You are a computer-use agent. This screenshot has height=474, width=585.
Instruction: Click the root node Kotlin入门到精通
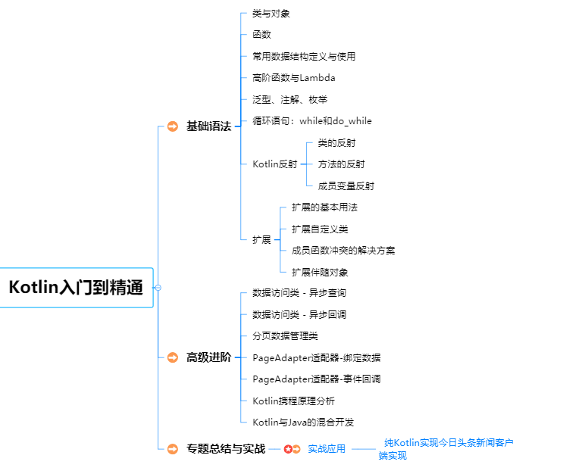(76, 288)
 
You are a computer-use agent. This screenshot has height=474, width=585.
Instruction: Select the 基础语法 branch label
(208, 126)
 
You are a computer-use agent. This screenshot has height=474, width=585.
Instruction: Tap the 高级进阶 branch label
(208, 357)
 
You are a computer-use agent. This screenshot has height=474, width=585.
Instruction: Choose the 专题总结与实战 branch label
(226, 448)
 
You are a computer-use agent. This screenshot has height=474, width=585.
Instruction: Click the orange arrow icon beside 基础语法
(173, 126)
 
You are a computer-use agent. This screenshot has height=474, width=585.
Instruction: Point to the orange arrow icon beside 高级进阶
(173, 357)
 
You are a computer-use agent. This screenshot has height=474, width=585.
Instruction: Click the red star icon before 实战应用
(288, 449)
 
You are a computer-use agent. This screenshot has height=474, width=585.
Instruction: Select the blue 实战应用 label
(327, 449)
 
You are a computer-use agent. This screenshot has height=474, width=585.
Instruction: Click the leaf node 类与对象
(271, 14)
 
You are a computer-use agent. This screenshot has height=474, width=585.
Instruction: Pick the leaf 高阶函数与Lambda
(294, 77)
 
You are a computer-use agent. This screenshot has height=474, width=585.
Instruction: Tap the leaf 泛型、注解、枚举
(290, 99)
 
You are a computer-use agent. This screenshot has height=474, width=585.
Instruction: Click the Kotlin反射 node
(275, 164)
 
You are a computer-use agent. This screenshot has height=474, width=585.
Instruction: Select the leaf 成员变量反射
(346, 186)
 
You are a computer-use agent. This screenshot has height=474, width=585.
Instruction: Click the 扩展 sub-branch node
(261, 239)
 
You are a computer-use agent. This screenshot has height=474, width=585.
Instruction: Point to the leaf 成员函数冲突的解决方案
(343, 250)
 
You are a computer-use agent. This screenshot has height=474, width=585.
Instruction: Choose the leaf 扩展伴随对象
(320, 272)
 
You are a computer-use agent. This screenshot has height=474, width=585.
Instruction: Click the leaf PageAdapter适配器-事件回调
(317, 379)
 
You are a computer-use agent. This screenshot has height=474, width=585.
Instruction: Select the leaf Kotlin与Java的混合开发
(303, 422)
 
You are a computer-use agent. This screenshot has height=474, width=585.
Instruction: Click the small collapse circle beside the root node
(158, 288)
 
